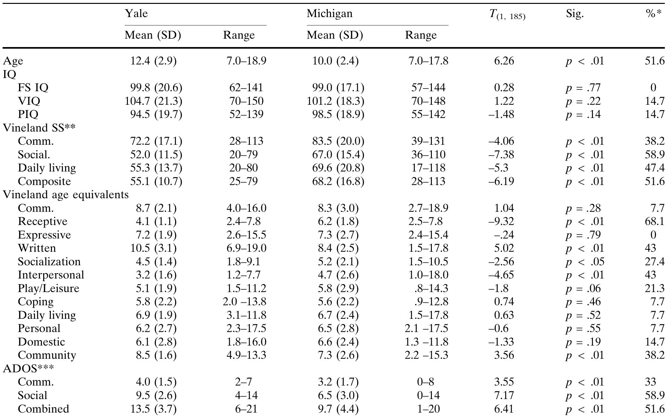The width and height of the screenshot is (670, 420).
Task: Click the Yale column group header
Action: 136,14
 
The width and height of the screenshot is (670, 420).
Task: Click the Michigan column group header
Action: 329,14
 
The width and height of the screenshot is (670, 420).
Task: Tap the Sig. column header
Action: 575,14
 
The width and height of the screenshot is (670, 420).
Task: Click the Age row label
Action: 13,61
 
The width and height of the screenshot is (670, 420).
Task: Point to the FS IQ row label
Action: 33,88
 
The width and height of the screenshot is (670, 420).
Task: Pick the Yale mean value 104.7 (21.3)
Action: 153,101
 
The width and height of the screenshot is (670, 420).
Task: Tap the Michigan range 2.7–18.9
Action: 428,208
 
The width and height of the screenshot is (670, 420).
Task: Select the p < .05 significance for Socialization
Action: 585,262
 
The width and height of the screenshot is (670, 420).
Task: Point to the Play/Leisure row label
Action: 48,288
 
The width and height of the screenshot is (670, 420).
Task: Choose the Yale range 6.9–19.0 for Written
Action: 246,248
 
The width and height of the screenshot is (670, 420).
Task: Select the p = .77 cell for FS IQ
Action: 583,88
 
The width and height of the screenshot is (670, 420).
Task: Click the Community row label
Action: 47,355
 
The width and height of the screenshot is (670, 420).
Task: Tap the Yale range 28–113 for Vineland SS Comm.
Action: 246,141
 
